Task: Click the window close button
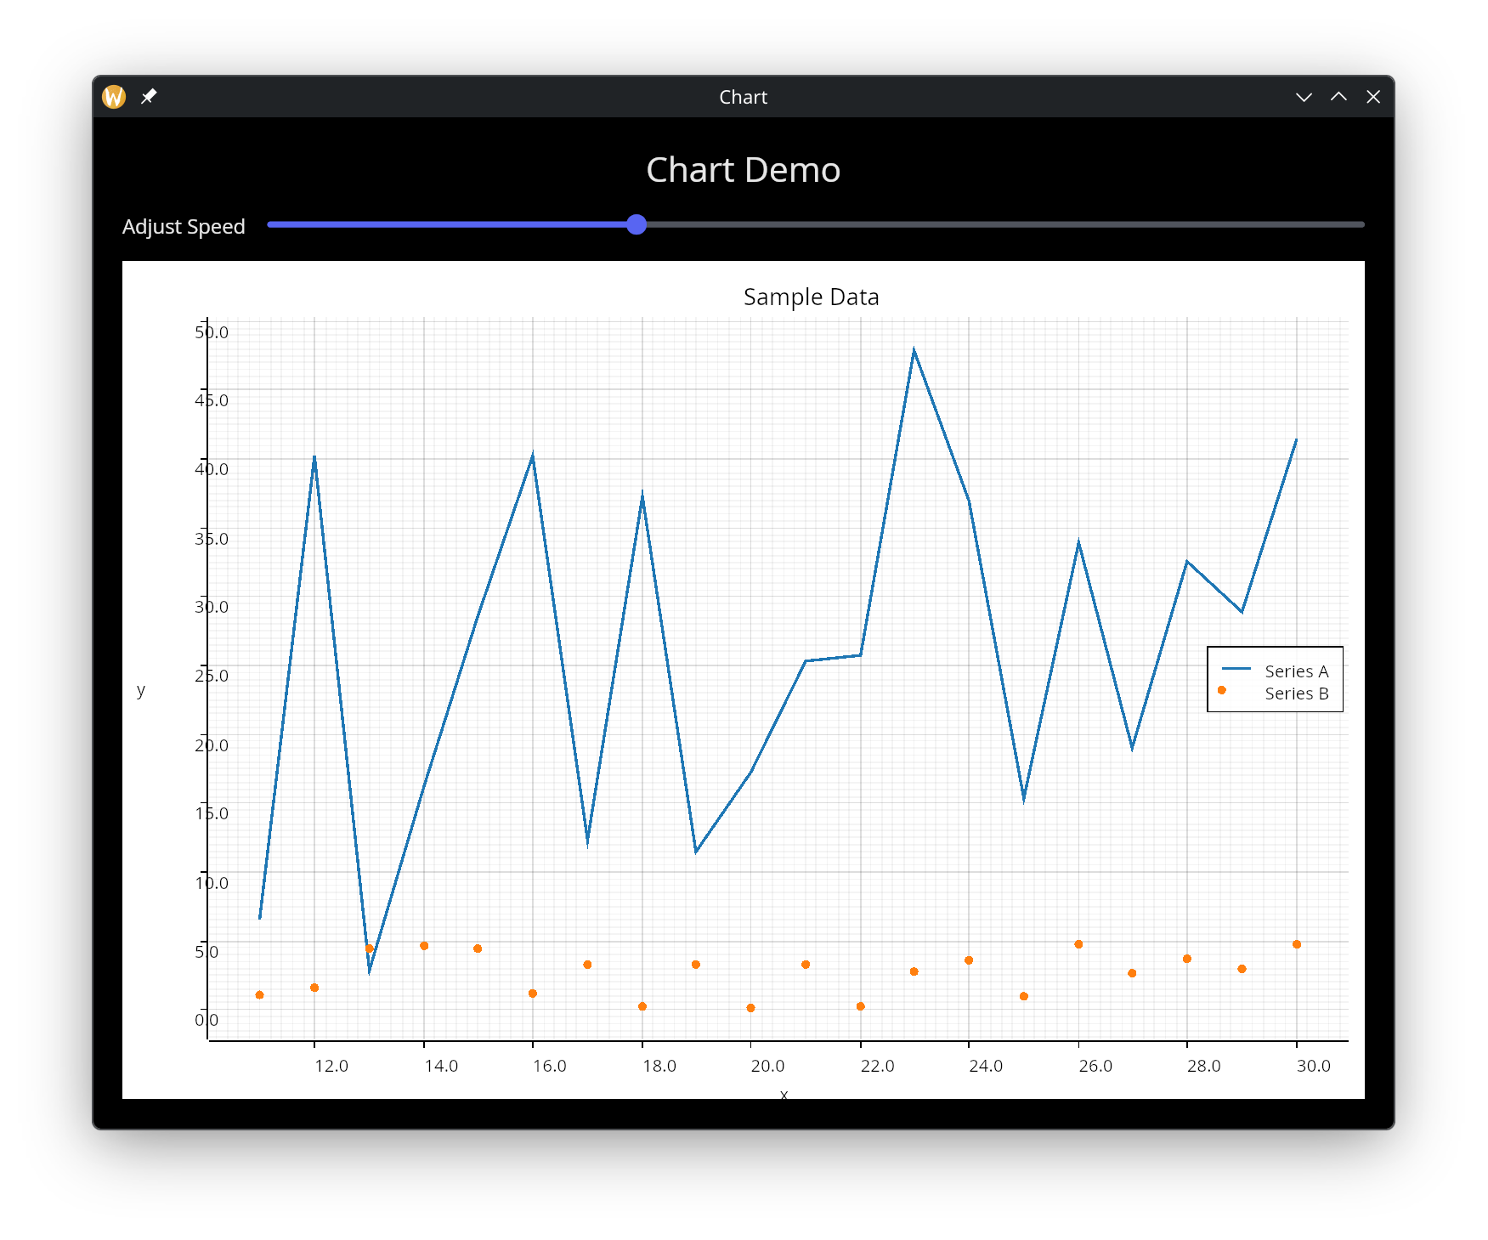[x=1372, y=97]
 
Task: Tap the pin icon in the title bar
[x=149, y=96]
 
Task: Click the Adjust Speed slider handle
[x=637, y=224]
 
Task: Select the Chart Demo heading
[x=743, y=170]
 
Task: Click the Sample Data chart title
[x=811, y=297]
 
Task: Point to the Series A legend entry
[x=1296, y=671]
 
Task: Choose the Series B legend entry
[x=1296, y=694]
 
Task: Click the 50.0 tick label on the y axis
[x=212, y=332]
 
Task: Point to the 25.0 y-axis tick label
[x=212, y=676]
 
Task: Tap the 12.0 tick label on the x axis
[x=331, y=1066]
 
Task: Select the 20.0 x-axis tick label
[x=767, y=1066]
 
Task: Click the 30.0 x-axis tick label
[x=1313, y=1066]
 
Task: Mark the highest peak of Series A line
[x=914, y=349]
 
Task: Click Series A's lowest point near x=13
[x=370, y=971]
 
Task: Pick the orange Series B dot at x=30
[x=1297, y=944]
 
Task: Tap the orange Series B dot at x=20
[x=750, y=1008]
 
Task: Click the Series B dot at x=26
[x=1078, y=944]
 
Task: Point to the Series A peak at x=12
[x=314, y=457]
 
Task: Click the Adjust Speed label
[x=184, y=227]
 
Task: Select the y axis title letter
[x=141, y=690]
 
